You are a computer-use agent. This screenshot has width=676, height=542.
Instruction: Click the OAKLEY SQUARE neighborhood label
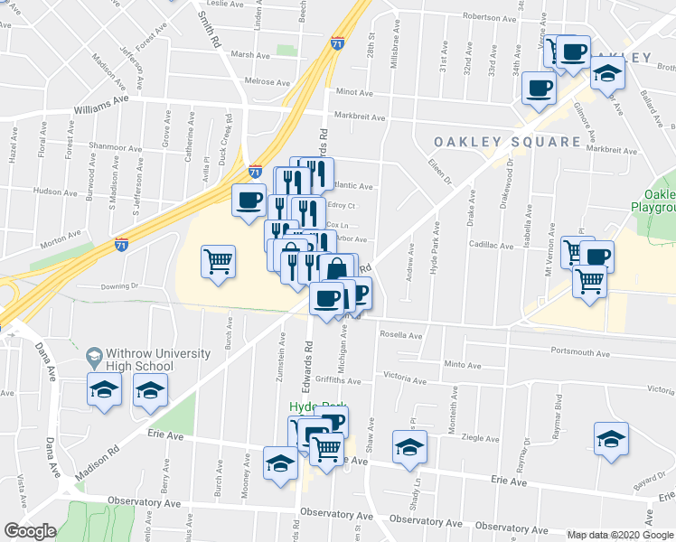(x=507, y=142)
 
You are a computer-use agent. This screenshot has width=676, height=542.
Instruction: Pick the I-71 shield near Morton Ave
(x=121, y=244)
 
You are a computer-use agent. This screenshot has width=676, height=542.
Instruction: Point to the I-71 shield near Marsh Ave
(x=336, y=43)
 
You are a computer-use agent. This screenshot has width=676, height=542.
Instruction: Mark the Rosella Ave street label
(x=401, y=336)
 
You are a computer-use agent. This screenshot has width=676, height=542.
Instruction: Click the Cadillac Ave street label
(x=490, y=245)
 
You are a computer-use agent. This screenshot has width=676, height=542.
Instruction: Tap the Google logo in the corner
(x=30, y=531)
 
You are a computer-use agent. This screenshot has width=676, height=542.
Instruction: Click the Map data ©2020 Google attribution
(x=619, y=535)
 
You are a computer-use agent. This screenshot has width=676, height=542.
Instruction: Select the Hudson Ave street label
(x=54, y=192)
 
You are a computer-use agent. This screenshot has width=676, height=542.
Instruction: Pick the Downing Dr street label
(x=119, y=286)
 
